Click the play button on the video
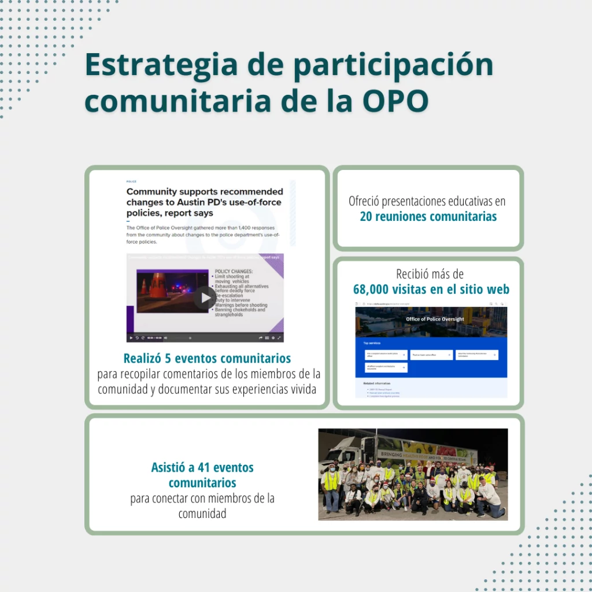pos(204,298)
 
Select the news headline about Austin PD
pos(205,202)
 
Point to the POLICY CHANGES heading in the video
pos(234,271)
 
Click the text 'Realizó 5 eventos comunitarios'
pos(207,358)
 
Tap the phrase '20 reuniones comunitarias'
pos(428,217)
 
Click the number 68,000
pos(379,289)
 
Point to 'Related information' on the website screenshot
pos(376,383)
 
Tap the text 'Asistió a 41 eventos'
pos(202,467)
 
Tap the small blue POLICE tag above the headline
pos(131,182)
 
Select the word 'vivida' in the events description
pos(301,389)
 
